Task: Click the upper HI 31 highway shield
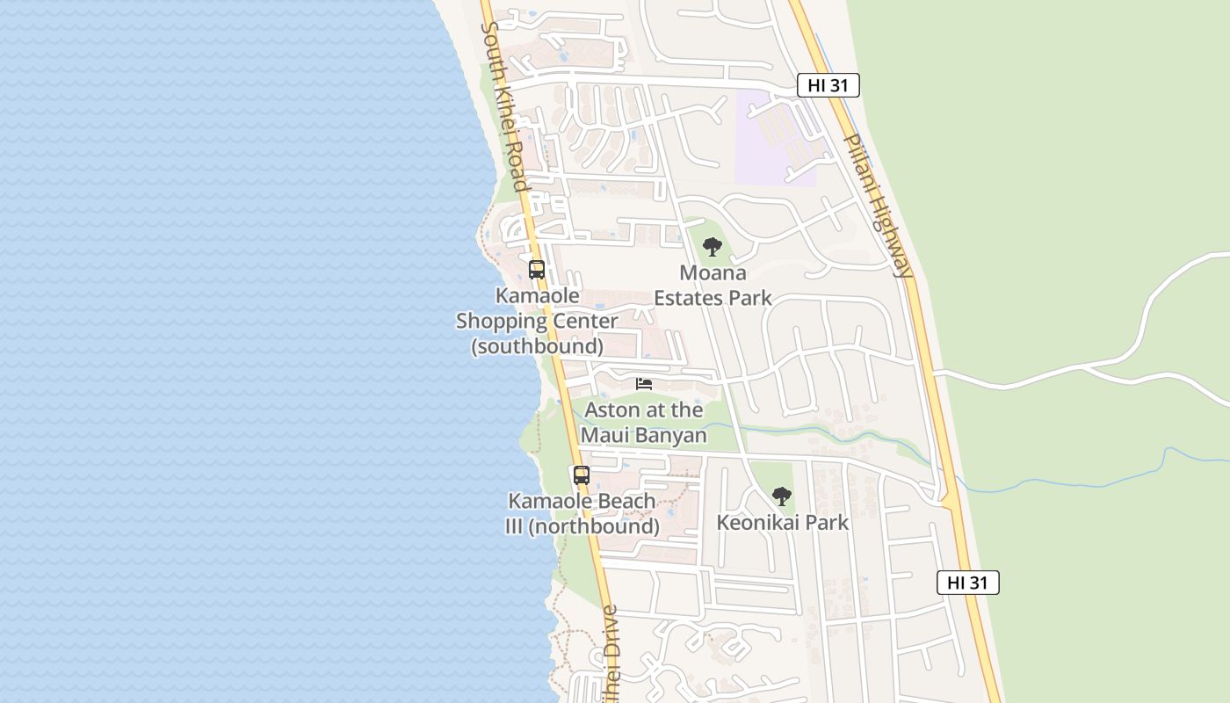(828, 85)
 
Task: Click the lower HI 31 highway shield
(967, 582)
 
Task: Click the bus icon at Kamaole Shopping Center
(537, 270)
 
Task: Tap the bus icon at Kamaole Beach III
(582, 475)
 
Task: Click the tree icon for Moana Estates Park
(713, 247)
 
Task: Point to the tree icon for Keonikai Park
(781, 496)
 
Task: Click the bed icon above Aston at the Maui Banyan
(644, 384)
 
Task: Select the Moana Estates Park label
(713, 286)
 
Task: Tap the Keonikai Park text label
(782, 523)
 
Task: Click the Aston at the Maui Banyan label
(644, 423)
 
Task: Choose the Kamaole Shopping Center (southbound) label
(537, 321)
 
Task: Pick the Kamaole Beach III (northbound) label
(582, 514)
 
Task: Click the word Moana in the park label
(713, 273)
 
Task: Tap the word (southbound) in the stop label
(537, 346)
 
